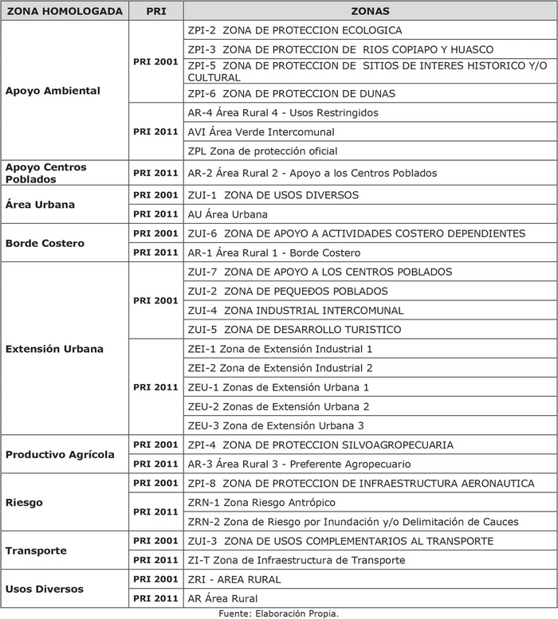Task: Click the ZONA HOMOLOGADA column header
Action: pyautogui.click(x=64, y=12)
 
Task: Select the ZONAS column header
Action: pyautogui.click(x=370, y=12)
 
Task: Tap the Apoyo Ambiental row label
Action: pyautogui.click(x=53, y=91)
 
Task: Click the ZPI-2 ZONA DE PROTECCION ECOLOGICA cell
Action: pyautogui.click(x=294, y=30)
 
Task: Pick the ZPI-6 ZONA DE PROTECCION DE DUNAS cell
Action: pyautogui.click(x=291, y=94)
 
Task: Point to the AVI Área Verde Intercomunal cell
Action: pyautogui.click(x=261, y=132)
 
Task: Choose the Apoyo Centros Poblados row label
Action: pyautogui.click(x=46, y=173)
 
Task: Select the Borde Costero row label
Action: pyautogui.click(x=45, y=243)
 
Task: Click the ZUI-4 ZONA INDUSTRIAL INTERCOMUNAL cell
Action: pyautogui.click(x=295, y=311)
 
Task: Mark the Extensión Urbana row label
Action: pyautogui.click(x=54, y=349)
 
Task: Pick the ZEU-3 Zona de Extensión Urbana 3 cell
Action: pyautogui.click(x=276, y=425)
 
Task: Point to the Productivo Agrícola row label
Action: pyautogui.click(x=60, y=454)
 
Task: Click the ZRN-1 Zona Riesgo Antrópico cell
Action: pyautogui.click(x=261, y=503)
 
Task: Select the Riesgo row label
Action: pyautogui.click(x=24, y=503)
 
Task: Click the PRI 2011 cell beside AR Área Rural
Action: pyautogui.click(x=155, y=598)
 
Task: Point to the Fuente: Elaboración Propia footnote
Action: pyautogui.click(x=279, y=613)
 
